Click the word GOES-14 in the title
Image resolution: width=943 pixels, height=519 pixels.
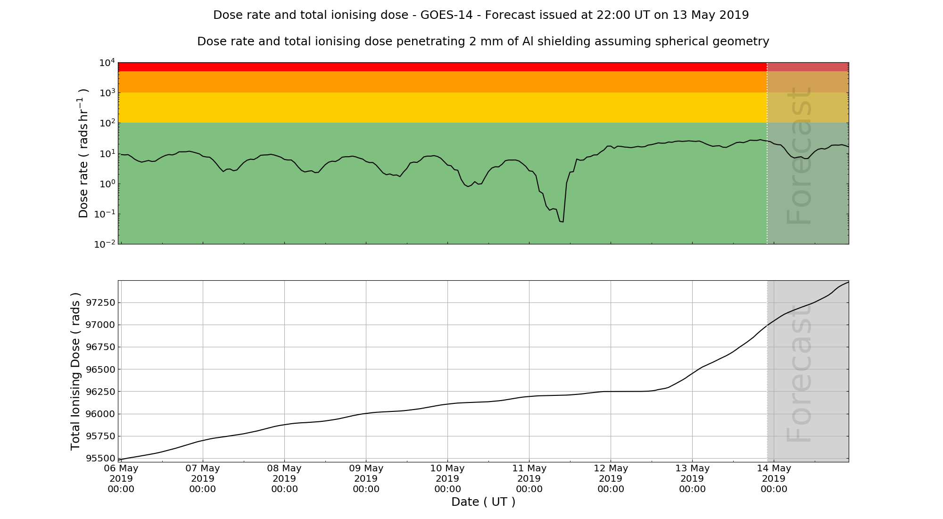(x=446, y=15)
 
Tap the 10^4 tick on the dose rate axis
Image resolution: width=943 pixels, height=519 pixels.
(x=107, y=63)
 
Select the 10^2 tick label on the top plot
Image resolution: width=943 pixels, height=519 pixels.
(x=107, y=123)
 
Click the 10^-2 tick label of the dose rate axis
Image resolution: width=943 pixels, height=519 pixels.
(x=105, y=244)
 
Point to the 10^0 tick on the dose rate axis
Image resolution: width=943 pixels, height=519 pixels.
(x=107, y=184)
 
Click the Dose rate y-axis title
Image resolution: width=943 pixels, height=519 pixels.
(x=83, y=153)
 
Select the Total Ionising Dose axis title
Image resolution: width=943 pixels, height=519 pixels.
(x=75, y=371)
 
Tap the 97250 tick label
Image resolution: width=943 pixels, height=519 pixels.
(x=99, y=302)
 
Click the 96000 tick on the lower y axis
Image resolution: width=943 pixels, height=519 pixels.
(x=99, y=414)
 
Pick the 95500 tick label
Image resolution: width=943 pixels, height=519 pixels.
(x=99, y=458)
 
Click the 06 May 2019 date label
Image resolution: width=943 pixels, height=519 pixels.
(x=121, y=478)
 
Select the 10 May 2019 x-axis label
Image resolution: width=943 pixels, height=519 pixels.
(x=447, y=478)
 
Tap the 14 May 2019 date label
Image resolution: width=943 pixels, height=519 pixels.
(x=774, y=478)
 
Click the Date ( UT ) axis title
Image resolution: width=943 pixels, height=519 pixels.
(x=483, y=502)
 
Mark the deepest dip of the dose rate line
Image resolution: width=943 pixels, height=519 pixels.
(x=562, y=221)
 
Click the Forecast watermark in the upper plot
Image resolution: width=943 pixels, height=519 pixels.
(x=799, y=156)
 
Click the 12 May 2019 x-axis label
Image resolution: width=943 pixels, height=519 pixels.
(x=611, y=478)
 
